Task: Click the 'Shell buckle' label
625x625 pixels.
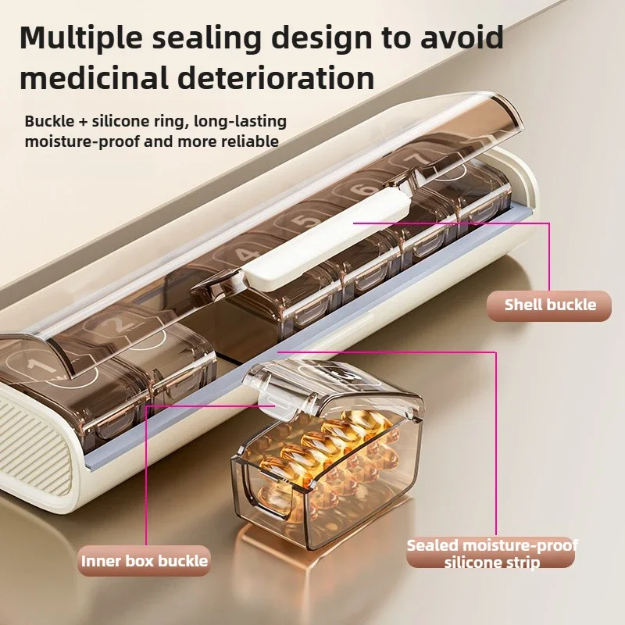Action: pos(549,305)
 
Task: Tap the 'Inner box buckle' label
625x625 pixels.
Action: pos(145,561)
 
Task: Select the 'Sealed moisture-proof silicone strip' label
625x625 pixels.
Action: pos(492,553)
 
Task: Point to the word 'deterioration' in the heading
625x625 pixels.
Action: pos(276,77)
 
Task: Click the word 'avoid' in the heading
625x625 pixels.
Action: pos(462,37)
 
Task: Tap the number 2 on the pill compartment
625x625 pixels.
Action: pos(116,324)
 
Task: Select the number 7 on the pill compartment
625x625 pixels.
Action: pos(416,159)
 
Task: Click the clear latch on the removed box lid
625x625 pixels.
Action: pos(275,402)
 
